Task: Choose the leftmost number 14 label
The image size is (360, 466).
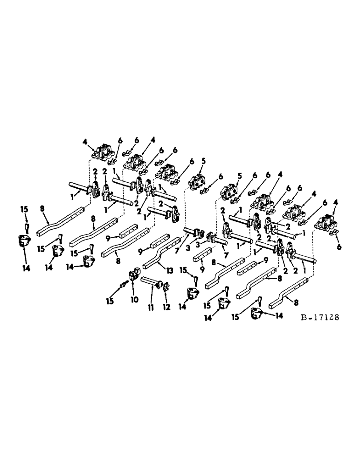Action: pyautogui.click(x=26, y=269)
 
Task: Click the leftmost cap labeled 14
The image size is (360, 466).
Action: pyautogui.click(x=22, y=242)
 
